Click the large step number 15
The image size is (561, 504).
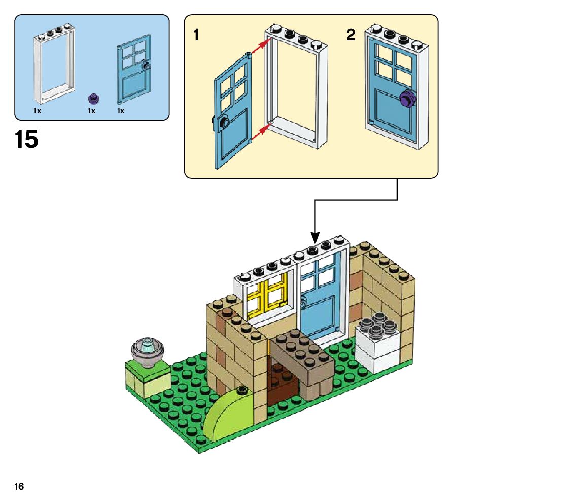point(27,139)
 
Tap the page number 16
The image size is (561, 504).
point(19,487)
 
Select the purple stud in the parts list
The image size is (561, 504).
point(92,98)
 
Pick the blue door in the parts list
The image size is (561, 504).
point(133,69)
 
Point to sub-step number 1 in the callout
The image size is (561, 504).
point(196,36)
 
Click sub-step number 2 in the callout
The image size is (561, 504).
point(350,36)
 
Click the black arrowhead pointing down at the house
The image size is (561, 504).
point(315,237)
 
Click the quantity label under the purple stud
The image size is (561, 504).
point(91,111)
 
